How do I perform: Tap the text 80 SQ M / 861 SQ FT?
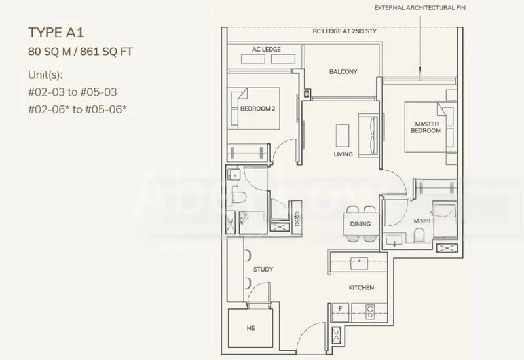tap(81, 51)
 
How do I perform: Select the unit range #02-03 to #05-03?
tap(73, 92)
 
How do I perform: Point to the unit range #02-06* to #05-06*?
tap(77, 109)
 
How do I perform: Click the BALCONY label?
tap(343, 72)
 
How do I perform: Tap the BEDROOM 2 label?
tap(257, 108)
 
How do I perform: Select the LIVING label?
tap(343, 154)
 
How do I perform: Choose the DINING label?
tap(360, 224)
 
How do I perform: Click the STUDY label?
tap(263, 269)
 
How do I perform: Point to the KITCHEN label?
tap(361, 287)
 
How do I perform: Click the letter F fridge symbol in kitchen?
tap(341, 308)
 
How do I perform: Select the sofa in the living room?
tap(369, 134)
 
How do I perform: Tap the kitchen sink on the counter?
tap(359, 262)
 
